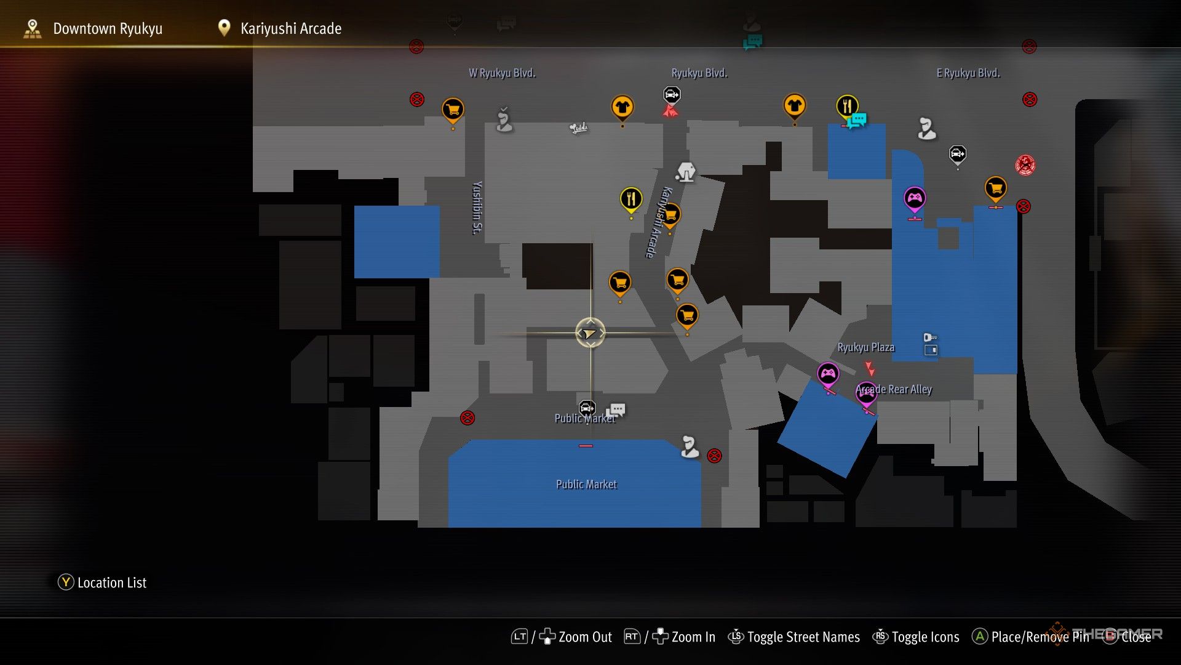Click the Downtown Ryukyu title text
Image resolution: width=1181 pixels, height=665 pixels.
(108, 29)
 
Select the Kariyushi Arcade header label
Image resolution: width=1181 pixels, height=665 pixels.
(290, 29)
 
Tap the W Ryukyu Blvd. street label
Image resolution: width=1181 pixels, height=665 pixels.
(502, 73)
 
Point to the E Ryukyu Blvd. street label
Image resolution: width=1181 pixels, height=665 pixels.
(968, 73)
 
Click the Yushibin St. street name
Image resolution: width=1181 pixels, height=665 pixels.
(477, 208)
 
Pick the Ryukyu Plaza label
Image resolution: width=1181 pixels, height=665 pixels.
(865, 347)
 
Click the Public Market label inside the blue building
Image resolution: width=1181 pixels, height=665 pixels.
(586, 485)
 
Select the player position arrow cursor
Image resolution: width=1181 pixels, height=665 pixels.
(590, 333)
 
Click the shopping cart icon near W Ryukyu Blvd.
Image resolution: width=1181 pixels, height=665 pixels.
(453, 110)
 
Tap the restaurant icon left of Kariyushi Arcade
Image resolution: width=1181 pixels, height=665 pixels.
(630, 199)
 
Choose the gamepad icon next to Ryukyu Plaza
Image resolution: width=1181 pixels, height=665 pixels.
(828, 373)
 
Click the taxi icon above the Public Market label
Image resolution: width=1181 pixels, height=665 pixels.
(587, 408)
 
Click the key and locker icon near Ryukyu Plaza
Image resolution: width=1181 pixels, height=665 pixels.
(930, 344)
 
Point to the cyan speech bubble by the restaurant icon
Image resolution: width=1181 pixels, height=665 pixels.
(858, 120)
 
